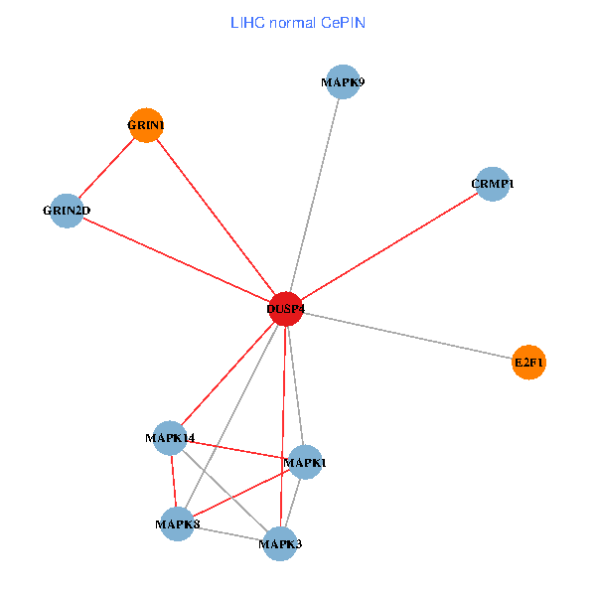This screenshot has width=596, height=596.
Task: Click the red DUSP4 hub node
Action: click(x=286, y=309)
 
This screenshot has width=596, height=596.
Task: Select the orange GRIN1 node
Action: click(x=146, y=125)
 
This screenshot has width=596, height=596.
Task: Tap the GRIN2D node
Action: click(x=67, y=210)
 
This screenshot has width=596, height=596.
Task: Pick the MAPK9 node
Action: click(x=342, y=82)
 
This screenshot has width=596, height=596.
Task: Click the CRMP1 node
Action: click(x=493, y=184)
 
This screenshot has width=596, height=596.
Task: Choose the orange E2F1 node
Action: click(x=528, y=364)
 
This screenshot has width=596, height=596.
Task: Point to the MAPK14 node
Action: click(x=170, y=438)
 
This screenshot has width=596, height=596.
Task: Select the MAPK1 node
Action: click(x=305, y=462)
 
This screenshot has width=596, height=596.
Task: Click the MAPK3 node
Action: click(x=280, y=543)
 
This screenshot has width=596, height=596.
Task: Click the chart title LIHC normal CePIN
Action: click(x=298, y=22)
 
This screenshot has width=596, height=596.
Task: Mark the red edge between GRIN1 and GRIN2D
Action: click(x=106, y=167)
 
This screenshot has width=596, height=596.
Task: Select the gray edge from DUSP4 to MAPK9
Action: click(x=314, y=196)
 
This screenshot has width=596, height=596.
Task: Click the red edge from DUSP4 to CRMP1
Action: click(x=389, y=246)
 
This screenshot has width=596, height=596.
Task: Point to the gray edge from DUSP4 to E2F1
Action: click(x=407, y=336)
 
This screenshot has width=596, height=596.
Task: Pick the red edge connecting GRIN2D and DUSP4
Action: click(x=176, y=259)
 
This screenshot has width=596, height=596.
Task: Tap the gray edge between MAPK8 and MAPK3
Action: click(x=228, y=533)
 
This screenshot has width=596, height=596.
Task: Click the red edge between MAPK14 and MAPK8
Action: click(x=173, y=481)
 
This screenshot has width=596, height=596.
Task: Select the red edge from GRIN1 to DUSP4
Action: click(x=216, y=217)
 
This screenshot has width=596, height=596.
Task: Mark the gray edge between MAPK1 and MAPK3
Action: click(x=293, y=503)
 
